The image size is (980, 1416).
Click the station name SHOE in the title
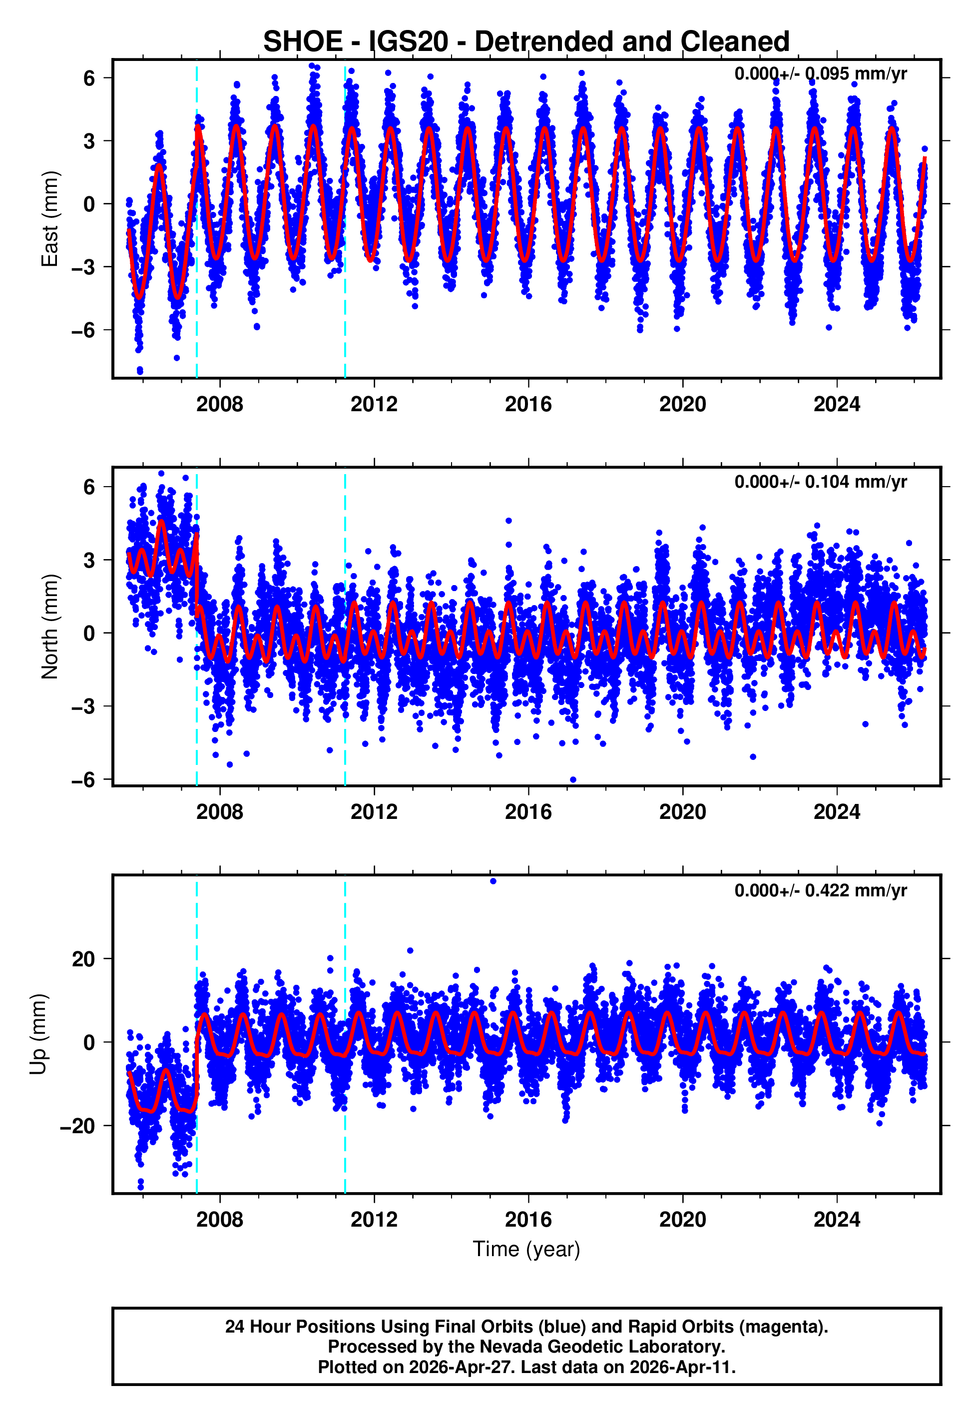pyautogui.click(x=303, y=42)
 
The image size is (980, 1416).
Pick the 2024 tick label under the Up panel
pyautogui.click(x=836, y=1220)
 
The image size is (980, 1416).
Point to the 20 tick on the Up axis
pyautogui.click(x=83, y=958)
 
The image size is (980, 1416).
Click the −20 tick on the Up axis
pyautogui.click(x=77, y=1126)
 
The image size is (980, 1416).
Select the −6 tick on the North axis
pyautogui.click(x=83, y=779)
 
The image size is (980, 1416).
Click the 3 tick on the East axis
pyautogui.click(x=89, y=140)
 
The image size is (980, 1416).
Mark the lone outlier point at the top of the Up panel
pyautogui.click(x=493, y=881)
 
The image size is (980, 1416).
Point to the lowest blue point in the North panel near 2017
pyautogui.click(x=573, y=779)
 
